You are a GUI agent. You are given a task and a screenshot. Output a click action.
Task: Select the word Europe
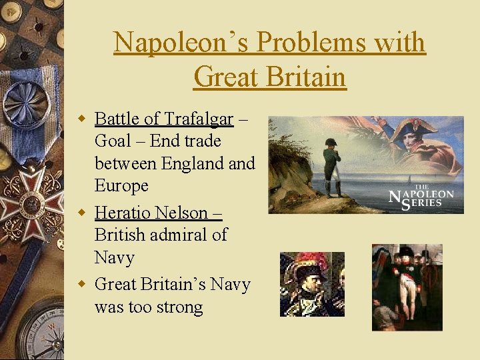coord(121,185)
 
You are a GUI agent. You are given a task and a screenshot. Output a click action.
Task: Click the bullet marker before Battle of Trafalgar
coord(83,119)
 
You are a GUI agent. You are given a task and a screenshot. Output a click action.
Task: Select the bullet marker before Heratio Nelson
coord(83,213)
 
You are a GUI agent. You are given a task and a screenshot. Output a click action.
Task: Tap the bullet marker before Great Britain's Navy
coord(83,285)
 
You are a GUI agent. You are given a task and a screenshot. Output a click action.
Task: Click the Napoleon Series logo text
coord(422,197)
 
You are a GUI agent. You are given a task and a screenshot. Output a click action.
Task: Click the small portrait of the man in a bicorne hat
coord(311,284)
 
